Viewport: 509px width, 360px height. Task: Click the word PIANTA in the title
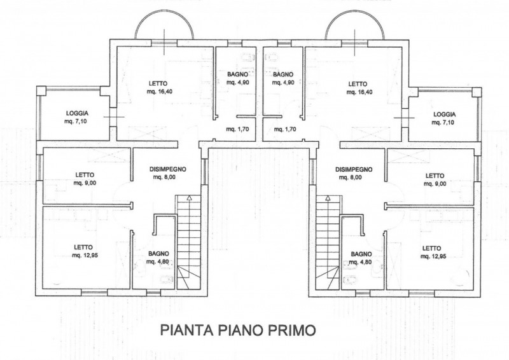click(187, 330)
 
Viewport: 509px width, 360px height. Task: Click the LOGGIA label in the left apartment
click(77, 113)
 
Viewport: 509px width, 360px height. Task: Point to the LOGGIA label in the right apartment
click(444, 114)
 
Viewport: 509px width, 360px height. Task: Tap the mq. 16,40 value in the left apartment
click(159, 92)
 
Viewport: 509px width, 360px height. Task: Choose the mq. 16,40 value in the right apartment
click(359, 92)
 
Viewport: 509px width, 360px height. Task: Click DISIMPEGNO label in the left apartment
click(167, 169)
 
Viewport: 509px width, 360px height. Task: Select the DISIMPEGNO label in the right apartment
click(354, 169)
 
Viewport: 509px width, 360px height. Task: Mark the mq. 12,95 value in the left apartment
click(85, 256)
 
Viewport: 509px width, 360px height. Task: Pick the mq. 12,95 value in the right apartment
click(433, 256)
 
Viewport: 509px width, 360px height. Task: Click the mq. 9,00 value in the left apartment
click(85, 183)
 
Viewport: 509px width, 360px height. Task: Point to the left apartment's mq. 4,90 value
click(238, 83)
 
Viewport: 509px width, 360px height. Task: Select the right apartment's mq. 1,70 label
click(285, 129)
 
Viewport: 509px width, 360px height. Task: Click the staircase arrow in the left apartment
click(189, 197)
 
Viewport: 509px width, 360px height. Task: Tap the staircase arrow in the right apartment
click(328, 197)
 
